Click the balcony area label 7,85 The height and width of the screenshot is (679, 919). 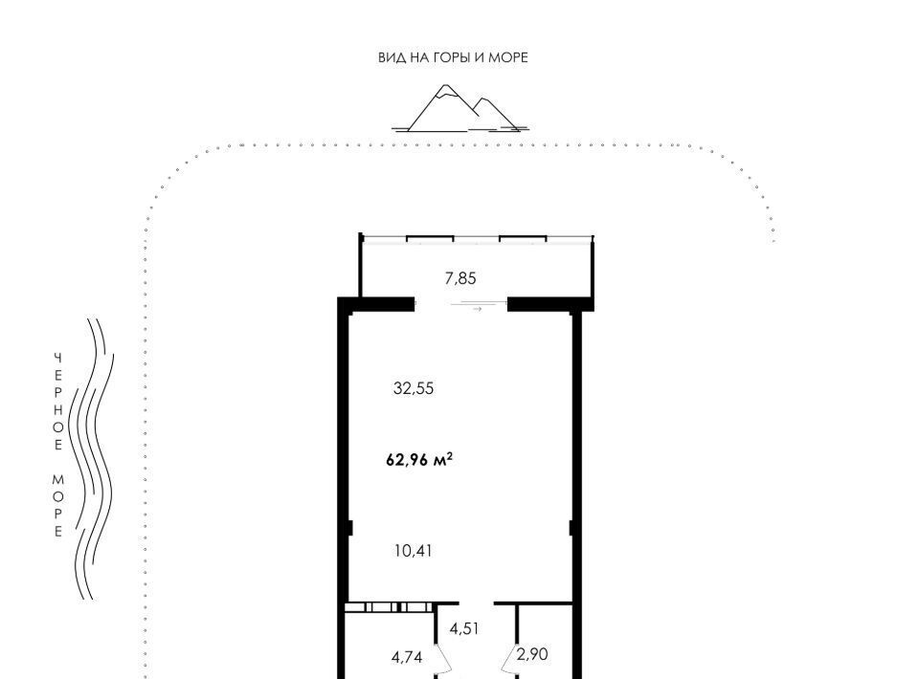460,278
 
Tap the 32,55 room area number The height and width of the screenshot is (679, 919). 414,388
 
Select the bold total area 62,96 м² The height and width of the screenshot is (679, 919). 419,460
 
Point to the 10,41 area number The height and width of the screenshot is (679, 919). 414,551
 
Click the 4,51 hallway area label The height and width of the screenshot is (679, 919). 464,628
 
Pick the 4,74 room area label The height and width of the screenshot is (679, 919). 407,657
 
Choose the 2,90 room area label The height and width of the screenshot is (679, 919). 532,654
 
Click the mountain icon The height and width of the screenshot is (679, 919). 460,108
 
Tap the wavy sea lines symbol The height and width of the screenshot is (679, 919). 92,459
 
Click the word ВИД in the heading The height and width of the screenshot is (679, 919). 390,57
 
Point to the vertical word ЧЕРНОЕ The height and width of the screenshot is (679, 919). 58,402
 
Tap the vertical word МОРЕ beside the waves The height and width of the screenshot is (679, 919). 58,506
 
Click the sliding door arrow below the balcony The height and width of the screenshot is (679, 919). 477,309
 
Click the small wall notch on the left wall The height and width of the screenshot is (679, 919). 349,528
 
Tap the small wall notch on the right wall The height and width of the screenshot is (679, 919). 572,528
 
